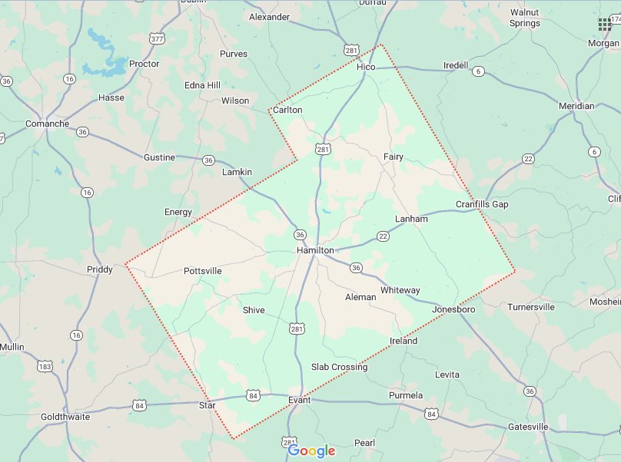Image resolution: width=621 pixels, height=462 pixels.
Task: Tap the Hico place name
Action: point(367,68)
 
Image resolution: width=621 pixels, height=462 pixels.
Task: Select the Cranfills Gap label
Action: point(482,204)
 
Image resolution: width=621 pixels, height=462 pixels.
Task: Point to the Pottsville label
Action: point(203,271)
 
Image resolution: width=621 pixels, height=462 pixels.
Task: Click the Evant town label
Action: point(299,401)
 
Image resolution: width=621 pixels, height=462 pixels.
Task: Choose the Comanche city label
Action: point(47,124)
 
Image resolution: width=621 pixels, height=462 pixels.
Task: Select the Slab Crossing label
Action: point(339,367)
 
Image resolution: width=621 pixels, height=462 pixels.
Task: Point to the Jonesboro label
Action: point(454,309)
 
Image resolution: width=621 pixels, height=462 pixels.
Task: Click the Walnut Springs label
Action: point(525,18)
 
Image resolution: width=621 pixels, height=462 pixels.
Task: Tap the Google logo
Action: point(312,450)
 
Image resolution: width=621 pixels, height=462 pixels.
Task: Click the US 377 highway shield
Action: point(158,38)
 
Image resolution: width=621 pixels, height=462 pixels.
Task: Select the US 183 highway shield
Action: point(45,367)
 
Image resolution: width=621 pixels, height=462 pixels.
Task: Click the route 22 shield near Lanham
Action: point(382,236)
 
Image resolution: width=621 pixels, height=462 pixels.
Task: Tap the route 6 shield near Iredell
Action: point(480,71)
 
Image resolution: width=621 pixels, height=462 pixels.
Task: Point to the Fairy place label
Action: point(394,157)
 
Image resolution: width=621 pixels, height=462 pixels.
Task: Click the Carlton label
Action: point(288,110)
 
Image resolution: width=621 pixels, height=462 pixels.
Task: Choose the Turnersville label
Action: point(531,307)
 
